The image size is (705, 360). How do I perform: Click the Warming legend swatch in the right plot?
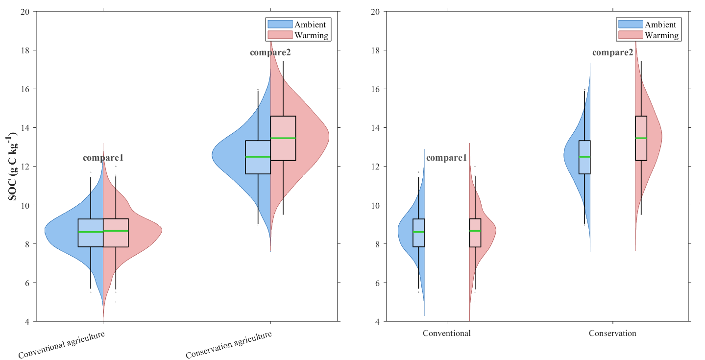630,35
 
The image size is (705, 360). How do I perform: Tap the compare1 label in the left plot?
103,158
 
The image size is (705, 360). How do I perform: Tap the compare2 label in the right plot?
612,52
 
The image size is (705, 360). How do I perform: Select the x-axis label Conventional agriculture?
61,344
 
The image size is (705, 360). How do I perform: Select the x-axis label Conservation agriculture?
229,344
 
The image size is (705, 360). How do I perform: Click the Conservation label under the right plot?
612,334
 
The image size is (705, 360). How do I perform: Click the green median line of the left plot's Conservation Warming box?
283,138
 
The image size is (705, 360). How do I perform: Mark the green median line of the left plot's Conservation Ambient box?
258,157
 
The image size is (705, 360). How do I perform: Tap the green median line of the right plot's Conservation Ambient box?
584,157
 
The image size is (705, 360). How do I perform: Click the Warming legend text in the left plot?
311,35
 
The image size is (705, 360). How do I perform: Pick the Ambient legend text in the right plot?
660,24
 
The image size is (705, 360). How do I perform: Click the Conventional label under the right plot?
447,334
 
